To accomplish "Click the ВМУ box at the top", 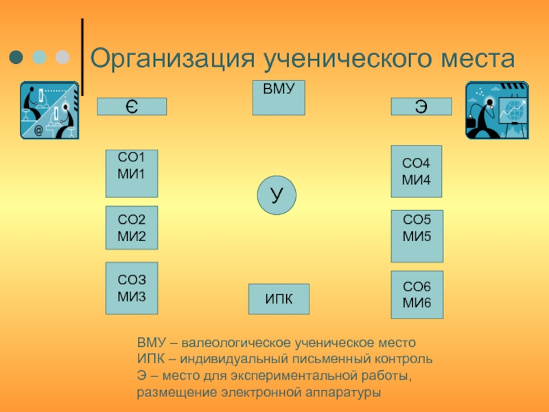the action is (279, 98).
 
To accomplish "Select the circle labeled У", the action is (277, 195).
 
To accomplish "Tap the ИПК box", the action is (279, 299).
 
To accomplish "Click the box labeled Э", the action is (421, 106).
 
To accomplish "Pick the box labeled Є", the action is (132, 106).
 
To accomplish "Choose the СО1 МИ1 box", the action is (132, 174).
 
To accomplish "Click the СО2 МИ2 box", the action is (132, 227).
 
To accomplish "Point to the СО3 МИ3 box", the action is (132, 288).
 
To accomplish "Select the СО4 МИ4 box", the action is (417, 171).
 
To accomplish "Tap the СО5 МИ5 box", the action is (417, 236).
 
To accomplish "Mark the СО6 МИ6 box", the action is (417, 295).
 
